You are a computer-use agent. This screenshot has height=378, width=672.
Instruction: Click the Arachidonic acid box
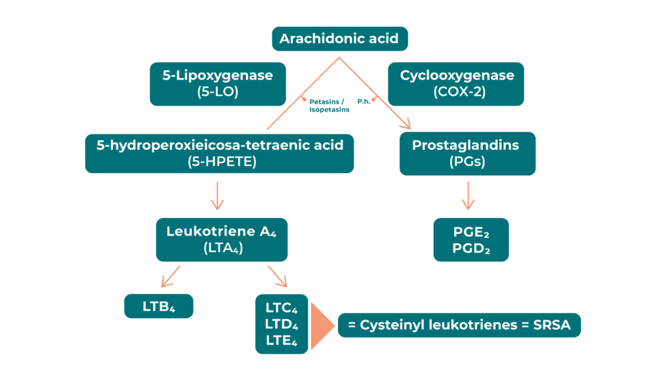340,39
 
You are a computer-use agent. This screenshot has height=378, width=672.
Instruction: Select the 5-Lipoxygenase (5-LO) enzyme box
217,83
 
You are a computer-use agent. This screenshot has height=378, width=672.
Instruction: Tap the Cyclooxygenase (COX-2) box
456,83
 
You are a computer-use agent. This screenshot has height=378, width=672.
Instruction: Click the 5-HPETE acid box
219,154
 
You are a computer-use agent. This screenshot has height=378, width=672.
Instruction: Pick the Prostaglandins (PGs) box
467,154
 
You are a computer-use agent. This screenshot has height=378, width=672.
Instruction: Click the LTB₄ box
158,306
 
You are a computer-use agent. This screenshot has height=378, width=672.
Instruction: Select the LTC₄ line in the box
282,307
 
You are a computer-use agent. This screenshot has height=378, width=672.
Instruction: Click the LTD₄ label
282,324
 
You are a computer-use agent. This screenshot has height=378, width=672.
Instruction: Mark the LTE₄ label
282,341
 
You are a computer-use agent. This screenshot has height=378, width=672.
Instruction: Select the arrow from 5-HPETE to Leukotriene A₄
218,194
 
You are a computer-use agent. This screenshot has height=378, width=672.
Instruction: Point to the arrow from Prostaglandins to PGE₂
468,195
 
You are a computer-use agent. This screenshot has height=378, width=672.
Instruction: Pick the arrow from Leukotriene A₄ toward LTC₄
278,276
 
